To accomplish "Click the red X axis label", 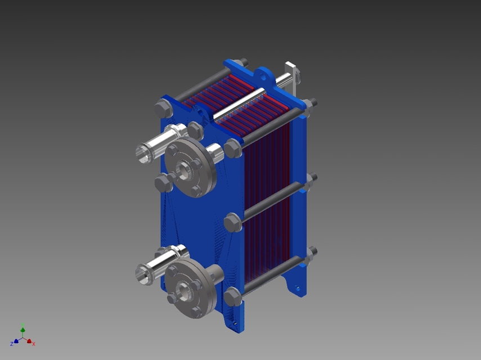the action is [34, 344].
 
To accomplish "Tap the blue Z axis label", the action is [12, 344].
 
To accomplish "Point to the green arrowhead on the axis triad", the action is [23, 330].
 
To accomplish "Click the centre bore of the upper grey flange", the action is [184, 170].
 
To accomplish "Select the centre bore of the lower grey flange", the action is [184, 291].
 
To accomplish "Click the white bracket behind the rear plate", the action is [293, 75].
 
